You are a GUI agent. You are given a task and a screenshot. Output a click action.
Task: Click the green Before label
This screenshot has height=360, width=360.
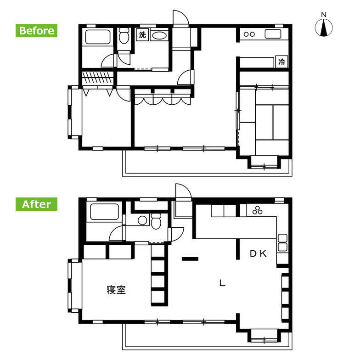pyautogui.click(x=36, y=30)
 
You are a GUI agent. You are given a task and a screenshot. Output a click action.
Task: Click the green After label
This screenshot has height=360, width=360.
pyautogui.click(x=36, y=204)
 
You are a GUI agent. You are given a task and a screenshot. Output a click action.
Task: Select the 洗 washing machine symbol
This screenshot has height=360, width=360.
pyautogui.click(x=142, y=35)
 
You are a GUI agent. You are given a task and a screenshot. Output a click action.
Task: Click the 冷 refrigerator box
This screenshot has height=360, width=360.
pyautogui.click(x=281, y=62)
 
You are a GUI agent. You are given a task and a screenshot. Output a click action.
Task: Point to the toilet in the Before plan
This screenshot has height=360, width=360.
pyautogui.click(x=124, y=36)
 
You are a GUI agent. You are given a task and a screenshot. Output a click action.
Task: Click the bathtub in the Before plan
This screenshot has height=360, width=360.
pyautogui.click(x=98, y=37)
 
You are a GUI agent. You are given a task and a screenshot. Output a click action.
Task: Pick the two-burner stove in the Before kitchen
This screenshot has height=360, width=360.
pyautogui.click(x=249, y=34)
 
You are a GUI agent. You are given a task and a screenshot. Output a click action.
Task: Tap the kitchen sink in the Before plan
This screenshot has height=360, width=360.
pyautogui.click(x=273, y=34)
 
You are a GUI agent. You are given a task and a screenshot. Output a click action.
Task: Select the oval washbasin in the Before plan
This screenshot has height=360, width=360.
pyautogui.click(x=159, y=35)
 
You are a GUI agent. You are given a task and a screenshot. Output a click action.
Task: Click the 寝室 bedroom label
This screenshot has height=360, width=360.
pyautogui.click(x=116, y=290)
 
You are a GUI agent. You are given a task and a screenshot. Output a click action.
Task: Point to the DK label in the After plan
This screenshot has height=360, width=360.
pyautogui.click(x=258, y=253)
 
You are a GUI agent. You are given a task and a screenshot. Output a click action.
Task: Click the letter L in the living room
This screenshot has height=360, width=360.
pyautogui.click(x=222, y=283)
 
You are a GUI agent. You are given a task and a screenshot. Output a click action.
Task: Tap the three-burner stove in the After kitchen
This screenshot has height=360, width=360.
pyautogui.click(x=257, y=210)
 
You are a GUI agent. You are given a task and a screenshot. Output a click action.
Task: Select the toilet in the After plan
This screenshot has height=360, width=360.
pyautogui.click(x=156, y=221)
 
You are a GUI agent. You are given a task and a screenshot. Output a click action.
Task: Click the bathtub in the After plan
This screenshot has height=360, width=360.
pyautogui.click(x=105, y=212)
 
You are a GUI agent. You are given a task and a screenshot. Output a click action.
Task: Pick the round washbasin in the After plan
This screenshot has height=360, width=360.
pyautogui.click(x=142, y=220)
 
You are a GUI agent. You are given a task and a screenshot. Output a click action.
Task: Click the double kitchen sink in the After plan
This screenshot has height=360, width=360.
pyautogui.click(x=282, y=242)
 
